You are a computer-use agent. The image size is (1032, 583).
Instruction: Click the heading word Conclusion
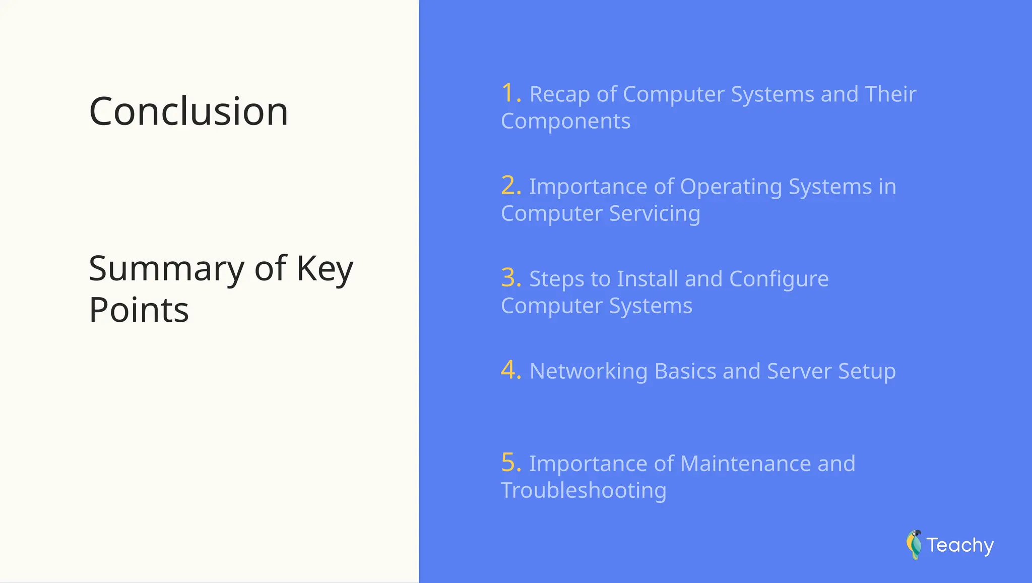pos(188,111)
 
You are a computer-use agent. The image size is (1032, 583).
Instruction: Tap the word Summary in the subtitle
pos(166,269)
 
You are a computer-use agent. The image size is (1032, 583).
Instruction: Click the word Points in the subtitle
pos(139,310)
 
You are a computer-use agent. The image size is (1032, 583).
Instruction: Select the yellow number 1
pos(510,93)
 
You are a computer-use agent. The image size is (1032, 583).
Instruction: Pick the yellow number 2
pos(510,186)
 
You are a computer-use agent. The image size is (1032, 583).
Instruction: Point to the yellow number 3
pos(510,278)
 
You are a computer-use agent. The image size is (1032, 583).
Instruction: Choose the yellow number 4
pos(510,370)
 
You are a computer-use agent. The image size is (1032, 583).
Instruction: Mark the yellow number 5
pos(510,462)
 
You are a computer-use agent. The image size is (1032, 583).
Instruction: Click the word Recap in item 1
pos(559,95)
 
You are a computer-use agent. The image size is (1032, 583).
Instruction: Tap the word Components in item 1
pos(565,122)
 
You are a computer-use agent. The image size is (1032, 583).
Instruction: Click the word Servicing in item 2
pos(655,214)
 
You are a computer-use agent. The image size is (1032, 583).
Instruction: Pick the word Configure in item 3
pos(779,279)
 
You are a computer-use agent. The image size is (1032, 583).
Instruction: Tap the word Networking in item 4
pos(588,372)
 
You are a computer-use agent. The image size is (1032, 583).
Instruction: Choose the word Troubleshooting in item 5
pos(584,491)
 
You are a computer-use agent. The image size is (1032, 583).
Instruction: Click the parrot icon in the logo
pos(914,545)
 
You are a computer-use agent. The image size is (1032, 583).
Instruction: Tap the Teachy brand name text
pos(960,545)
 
